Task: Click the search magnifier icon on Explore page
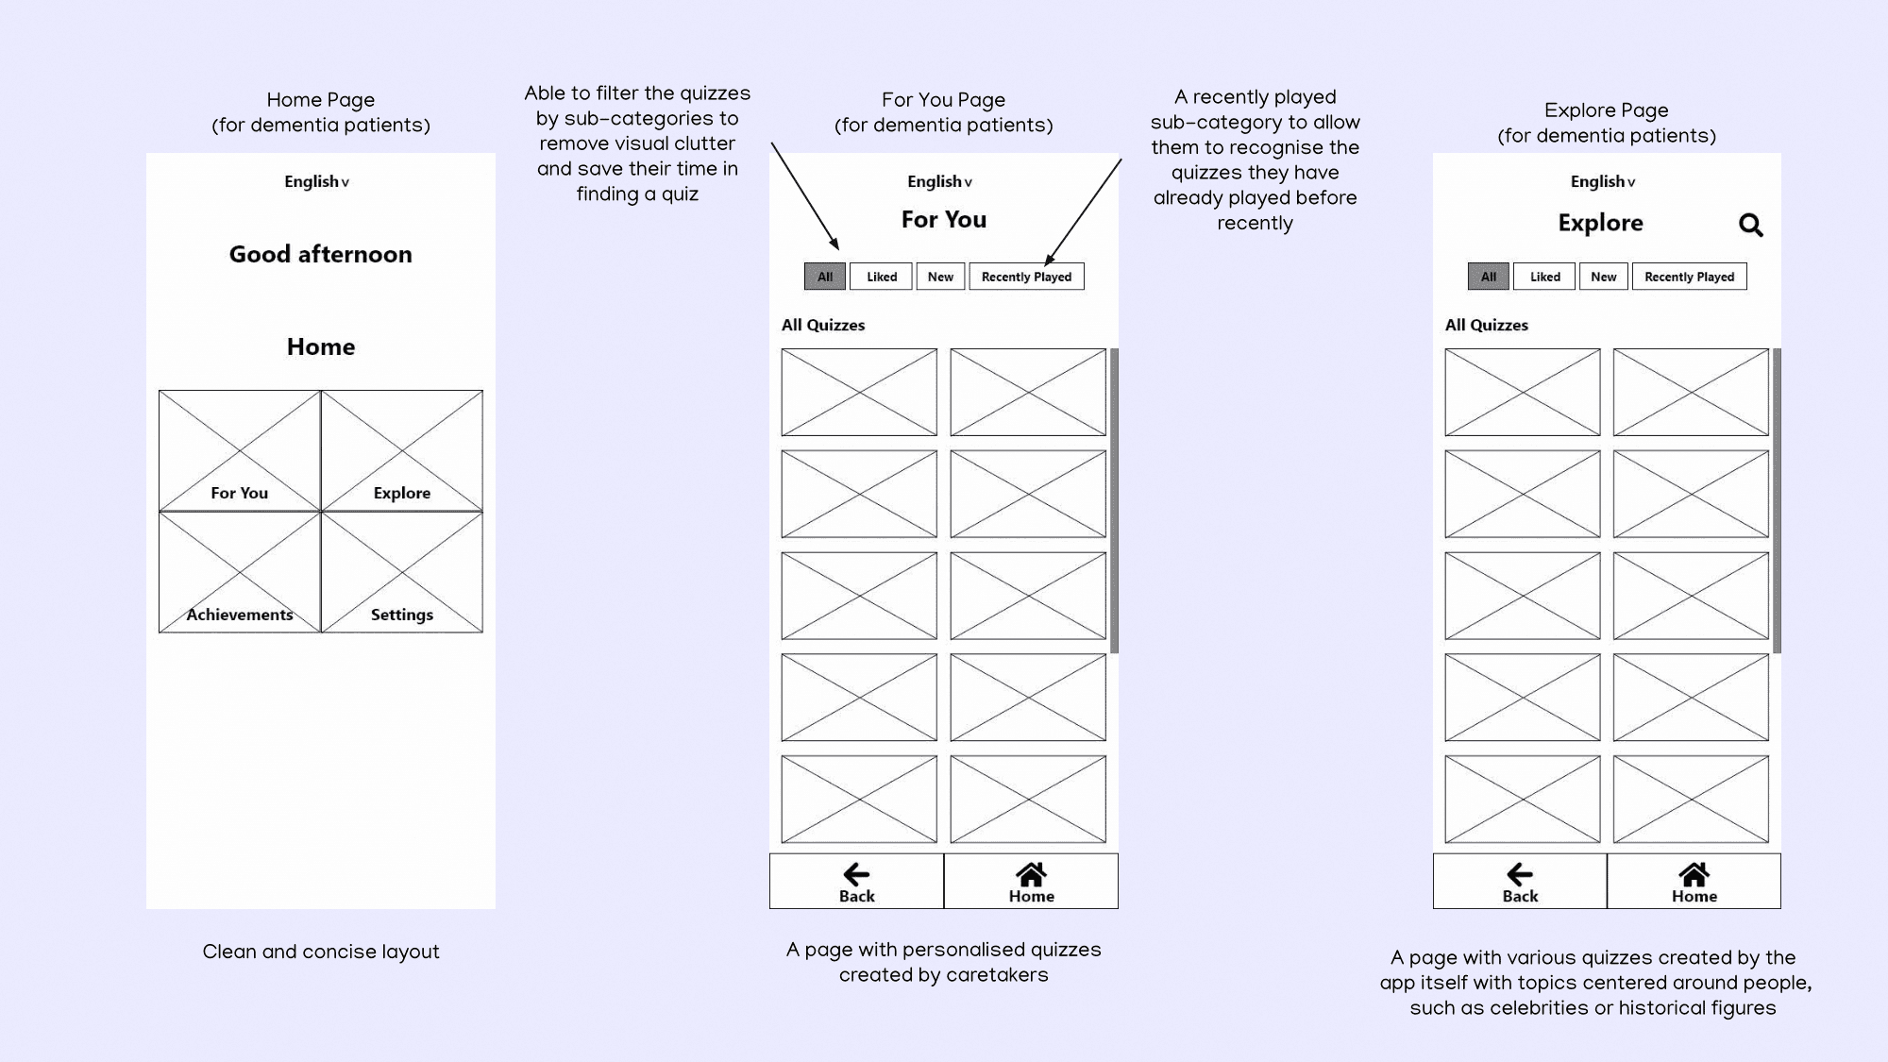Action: (1751, 225)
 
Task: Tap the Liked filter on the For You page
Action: (882, 277)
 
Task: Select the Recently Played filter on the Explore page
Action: (1689, 277)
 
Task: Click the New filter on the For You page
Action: (940, 277)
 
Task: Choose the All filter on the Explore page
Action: (1489, 277)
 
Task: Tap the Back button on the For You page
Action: (856, 882)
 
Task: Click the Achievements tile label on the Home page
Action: (240, 615)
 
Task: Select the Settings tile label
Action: (402, 615)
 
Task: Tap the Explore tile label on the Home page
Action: (402, 493)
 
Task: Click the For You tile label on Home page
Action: (240, 493)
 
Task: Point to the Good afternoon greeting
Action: (321, 254)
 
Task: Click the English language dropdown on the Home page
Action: (317, 181)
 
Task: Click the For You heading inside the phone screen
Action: (944, 220)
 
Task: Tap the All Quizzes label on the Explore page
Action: (1487, 325)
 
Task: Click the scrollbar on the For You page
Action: (1115, 501)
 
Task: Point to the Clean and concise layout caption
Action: (321, 952)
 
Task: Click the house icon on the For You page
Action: (1031, 874)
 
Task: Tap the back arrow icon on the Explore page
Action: (1520, 874)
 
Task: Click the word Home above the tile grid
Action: (321, 346)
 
